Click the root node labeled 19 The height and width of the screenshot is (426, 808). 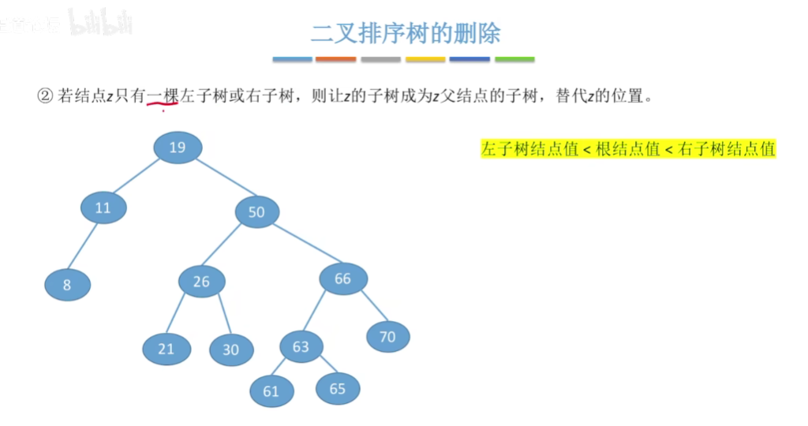[178, 148]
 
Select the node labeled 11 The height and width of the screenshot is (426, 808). [103, 208]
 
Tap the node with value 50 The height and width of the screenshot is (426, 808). [256, 211]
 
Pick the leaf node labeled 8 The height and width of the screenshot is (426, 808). [67, 285]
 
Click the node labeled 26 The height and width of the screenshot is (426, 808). [201, 282]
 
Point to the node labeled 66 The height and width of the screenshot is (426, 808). [342, 278]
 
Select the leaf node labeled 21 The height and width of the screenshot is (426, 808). [166, 348]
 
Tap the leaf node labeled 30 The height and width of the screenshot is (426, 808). [230, 349]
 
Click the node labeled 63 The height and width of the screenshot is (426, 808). [301, 346]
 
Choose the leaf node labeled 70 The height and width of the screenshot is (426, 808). [387, 337]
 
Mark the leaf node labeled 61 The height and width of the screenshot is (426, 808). [271, 391]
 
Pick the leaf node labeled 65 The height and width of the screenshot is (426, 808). [338, 388]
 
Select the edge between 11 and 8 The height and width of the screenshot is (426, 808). [84, 247]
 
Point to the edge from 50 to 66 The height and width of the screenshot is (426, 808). [301, 245]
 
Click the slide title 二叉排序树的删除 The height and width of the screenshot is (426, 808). [406, 34]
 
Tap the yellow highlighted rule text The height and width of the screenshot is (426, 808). [628, 149]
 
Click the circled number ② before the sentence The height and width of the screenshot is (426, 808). [44, 96]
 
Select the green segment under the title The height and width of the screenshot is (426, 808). [514, 59]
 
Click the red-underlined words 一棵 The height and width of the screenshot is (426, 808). [163, 97]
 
